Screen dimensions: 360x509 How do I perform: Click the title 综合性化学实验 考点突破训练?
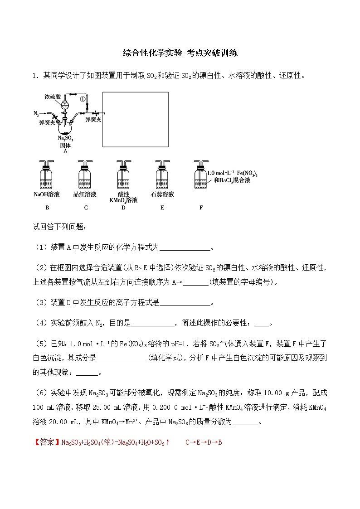180,53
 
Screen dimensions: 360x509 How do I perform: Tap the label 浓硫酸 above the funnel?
53,97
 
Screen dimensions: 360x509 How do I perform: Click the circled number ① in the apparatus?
83,98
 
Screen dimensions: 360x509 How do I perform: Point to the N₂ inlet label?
36,113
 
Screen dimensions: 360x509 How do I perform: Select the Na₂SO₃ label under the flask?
65,138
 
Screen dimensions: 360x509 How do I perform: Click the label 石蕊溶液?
162,194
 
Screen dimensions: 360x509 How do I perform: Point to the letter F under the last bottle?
201,208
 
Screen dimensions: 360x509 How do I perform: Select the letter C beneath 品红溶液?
85,208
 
